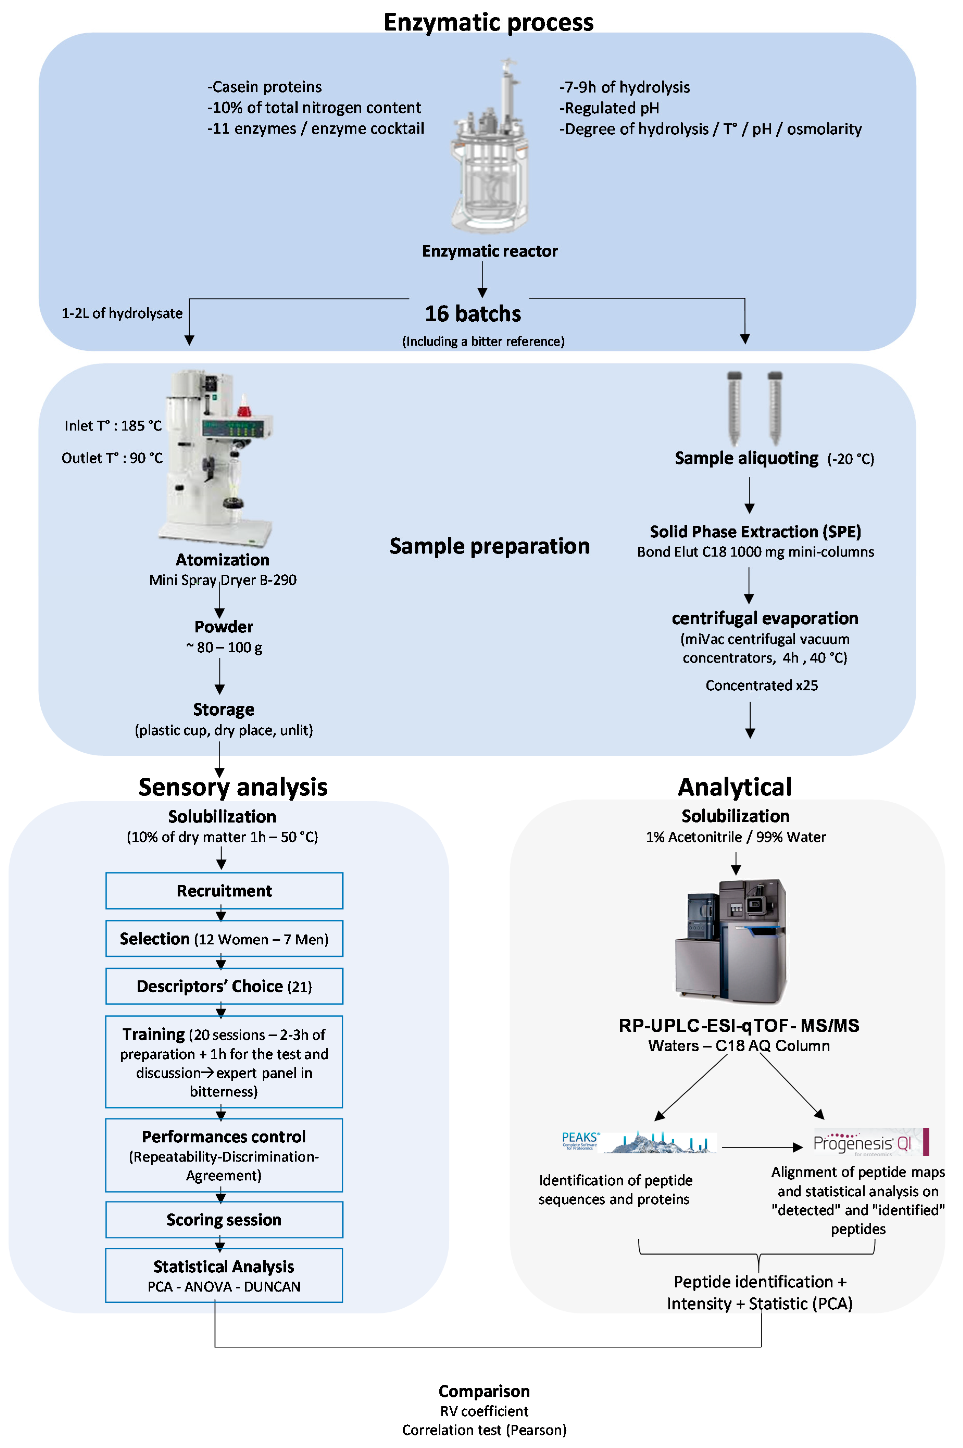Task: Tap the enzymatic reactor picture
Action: [489, 147]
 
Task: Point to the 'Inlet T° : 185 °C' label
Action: [113, 426]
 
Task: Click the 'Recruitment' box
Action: [224, 891]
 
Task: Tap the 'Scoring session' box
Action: [224, 1219]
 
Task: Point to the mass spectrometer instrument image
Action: [731, 940]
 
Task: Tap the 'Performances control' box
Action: [224, 1155]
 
